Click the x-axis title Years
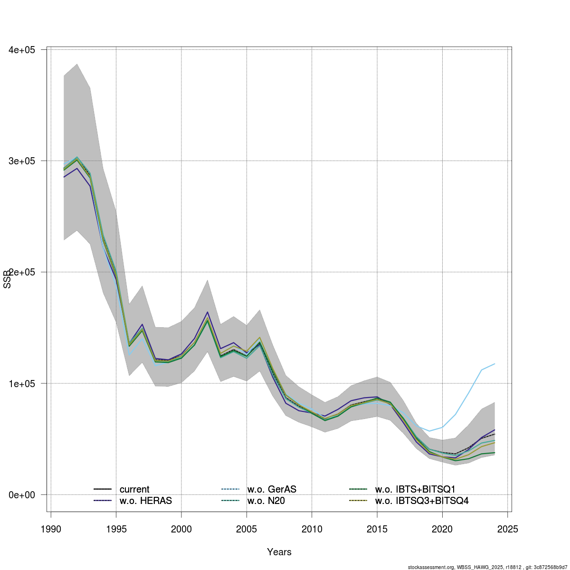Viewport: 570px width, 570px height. click(x=279, y=552)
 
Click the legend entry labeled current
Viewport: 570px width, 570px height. click(x=134, y=489)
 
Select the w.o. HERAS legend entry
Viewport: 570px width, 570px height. click(x=145, y=501)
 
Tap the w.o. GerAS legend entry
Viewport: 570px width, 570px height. click(x=272, y=489)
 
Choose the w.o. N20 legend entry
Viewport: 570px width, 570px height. click(x=266, y=501)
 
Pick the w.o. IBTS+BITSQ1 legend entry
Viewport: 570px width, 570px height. click(x=416, y=489)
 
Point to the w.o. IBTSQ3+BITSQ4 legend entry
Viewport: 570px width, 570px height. click(x=422, y=501)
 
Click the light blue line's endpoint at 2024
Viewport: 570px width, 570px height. click(x=495, y=364)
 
